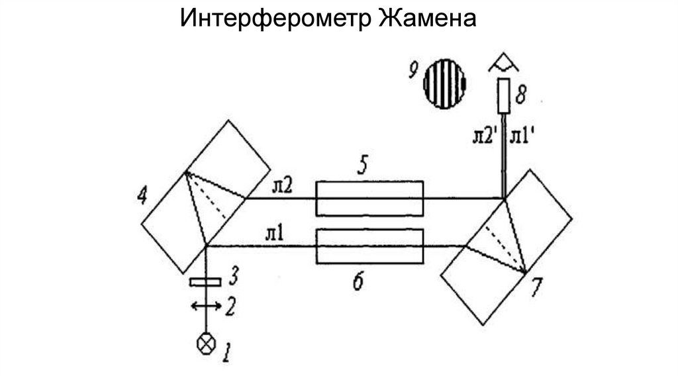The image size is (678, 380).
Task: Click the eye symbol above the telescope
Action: [505, 65]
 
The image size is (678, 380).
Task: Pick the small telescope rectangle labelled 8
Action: [505, 95]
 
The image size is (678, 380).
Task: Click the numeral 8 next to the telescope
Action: [522, 97]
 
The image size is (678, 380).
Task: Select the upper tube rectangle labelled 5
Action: [369, 198]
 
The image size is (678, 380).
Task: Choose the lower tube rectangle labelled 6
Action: [369, 246]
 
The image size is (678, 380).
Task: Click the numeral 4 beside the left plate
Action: [140, 196]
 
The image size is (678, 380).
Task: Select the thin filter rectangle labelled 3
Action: [205, 283]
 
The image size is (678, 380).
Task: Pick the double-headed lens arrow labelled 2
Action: [207, 305]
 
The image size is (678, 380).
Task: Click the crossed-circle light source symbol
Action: [207, 344]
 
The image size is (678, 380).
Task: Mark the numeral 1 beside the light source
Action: [226, 352]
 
